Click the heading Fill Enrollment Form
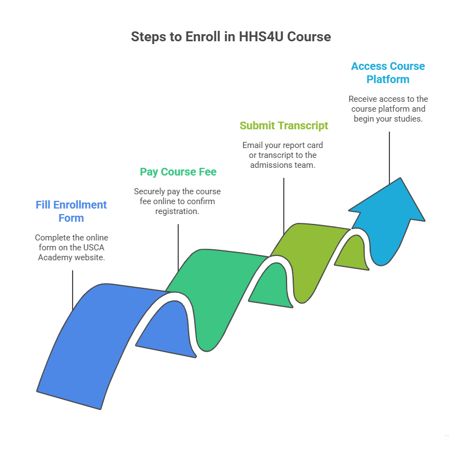point(71,211)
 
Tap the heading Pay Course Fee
point(178,172)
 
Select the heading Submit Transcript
point(284,125)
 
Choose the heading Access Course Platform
point(388,73)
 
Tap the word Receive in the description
point(364,99)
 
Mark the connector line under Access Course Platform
point(389,157)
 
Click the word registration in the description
point(178,211)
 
